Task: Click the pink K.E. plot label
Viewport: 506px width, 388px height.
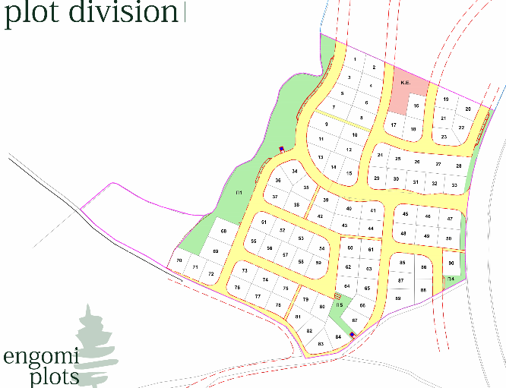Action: click(405, 83)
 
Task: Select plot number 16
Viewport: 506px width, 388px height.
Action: click(416, 106)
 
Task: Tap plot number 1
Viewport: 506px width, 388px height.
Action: click(355, 58)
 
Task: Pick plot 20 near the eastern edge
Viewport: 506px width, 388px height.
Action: click(468, 109)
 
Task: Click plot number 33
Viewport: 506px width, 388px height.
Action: click(454, 185)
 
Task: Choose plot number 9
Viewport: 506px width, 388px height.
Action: click(326, 124)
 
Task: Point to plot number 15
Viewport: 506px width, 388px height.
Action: click(349, 174)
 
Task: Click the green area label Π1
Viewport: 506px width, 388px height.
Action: click(239, 192)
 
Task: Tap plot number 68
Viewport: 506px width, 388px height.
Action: click(223, 231)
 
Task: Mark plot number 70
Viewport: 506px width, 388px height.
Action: click(179, 260)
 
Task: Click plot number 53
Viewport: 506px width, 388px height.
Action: click(301, 238)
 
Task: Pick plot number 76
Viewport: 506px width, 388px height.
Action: click(238, 288)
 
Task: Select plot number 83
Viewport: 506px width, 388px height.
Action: click(321, 344)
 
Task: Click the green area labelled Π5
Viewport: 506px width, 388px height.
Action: click(340, 305)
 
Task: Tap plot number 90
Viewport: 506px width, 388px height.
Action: click(451, 263)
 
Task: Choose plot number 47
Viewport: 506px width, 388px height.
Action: click(450, 219)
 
